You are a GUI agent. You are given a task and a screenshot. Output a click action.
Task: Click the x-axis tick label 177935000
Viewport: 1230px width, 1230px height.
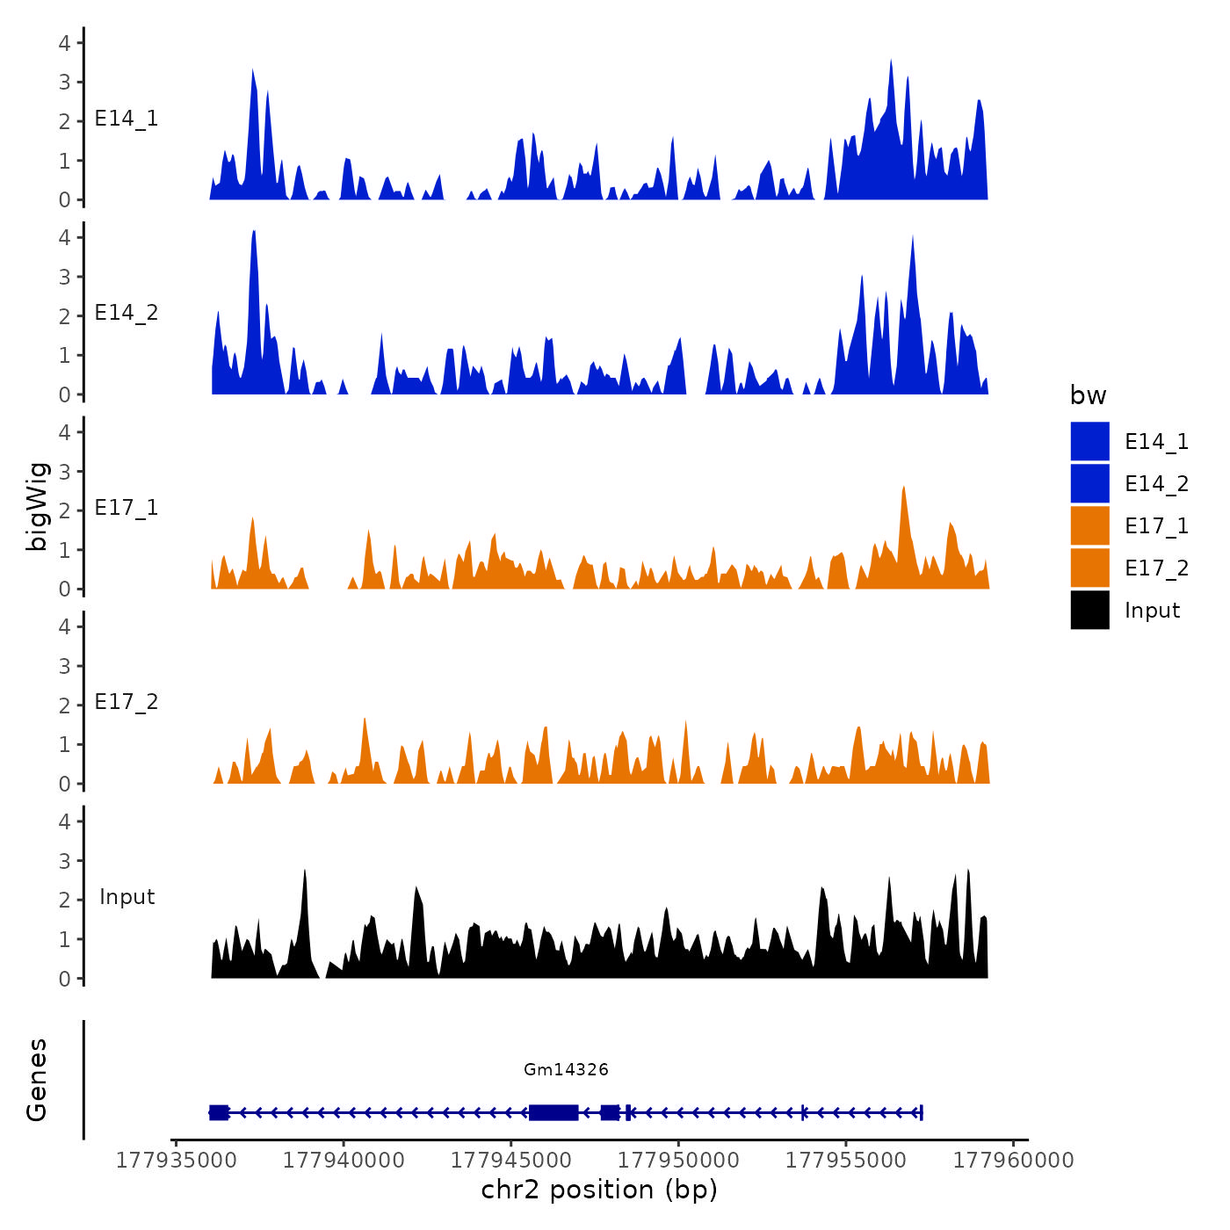click(x=177, y=1161)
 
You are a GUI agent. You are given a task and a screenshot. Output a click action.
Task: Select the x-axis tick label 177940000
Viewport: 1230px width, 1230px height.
click(x=344, y=1161)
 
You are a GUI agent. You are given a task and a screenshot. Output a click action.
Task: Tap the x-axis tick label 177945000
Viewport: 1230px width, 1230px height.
click(x=512, y=1161)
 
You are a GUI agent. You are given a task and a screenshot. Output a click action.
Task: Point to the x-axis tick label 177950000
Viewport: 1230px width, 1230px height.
click(x=680, y=1161)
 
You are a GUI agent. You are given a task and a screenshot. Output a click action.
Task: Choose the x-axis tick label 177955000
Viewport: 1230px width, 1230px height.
click(x=847, y=1161)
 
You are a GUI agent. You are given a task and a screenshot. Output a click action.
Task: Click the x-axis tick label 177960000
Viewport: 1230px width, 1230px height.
click(x=1014, y=1161)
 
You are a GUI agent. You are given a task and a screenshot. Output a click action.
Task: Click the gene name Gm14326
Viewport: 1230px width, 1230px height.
click(x=566, y=1070)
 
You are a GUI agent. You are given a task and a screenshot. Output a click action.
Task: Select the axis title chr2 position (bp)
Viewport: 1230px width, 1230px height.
click(x=599, y=1190)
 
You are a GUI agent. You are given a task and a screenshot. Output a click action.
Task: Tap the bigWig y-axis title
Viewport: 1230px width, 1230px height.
click(x=37, y=506)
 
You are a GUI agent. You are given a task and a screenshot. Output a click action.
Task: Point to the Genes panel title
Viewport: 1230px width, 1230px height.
click(x=37, y=1080)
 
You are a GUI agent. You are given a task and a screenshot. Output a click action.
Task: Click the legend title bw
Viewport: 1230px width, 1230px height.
click(x=1088, y=396)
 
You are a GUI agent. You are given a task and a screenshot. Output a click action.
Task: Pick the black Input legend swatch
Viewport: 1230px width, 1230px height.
click(x=1089, y=611)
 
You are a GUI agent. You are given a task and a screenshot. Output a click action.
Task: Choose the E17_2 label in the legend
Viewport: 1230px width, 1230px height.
click(x=1156, y=569)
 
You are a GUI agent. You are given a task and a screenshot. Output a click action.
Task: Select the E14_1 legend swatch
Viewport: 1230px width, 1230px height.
click(x=1089, y=442)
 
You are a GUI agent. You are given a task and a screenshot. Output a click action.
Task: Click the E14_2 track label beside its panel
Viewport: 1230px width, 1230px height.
click(x=127, y=314)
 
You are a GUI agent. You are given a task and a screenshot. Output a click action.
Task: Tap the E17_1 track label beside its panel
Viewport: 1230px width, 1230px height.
click(x=127, y=508)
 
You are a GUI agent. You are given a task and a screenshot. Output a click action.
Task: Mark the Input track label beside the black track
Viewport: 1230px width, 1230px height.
click(x=127, y=897)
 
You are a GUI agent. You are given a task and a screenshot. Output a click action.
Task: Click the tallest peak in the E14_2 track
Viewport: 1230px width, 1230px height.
click(x=254, y=234)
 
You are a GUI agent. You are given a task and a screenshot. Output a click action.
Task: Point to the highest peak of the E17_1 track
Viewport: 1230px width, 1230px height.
click(x=903, y=488)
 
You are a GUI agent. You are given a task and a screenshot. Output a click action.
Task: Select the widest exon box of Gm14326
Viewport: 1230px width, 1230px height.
click(x=553, y=1112)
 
